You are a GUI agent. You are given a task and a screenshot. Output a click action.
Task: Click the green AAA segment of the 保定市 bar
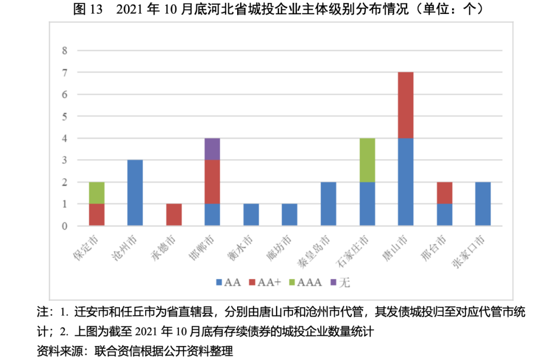97,193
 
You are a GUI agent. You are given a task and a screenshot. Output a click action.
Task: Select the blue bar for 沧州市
135,193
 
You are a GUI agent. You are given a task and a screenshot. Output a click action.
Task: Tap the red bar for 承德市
174,214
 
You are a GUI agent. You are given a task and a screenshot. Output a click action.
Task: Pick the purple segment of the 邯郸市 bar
212,149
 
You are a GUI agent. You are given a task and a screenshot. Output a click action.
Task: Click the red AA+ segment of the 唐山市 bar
406,105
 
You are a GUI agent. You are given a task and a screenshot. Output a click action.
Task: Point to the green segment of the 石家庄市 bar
367,160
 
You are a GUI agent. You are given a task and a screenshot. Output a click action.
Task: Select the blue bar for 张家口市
483,204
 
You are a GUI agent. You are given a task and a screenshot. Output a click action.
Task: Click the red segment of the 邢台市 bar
444,193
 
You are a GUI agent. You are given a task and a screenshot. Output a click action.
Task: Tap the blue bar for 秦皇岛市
328,204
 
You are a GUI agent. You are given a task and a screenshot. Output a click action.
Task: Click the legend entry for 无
340,282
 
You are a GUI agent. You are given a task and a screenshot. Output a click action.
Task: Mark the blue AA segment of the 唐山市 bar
406,182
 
